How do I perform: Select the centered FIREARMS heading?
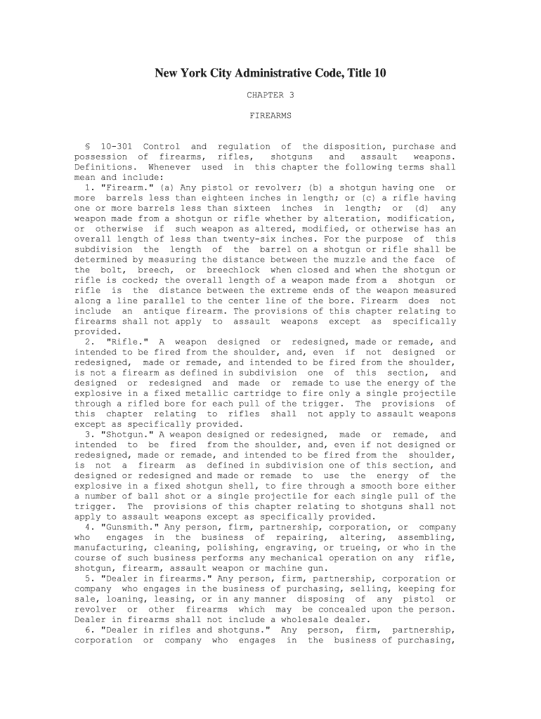tap(270, 115)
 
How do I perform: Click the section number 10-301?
tap(116, 147)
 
